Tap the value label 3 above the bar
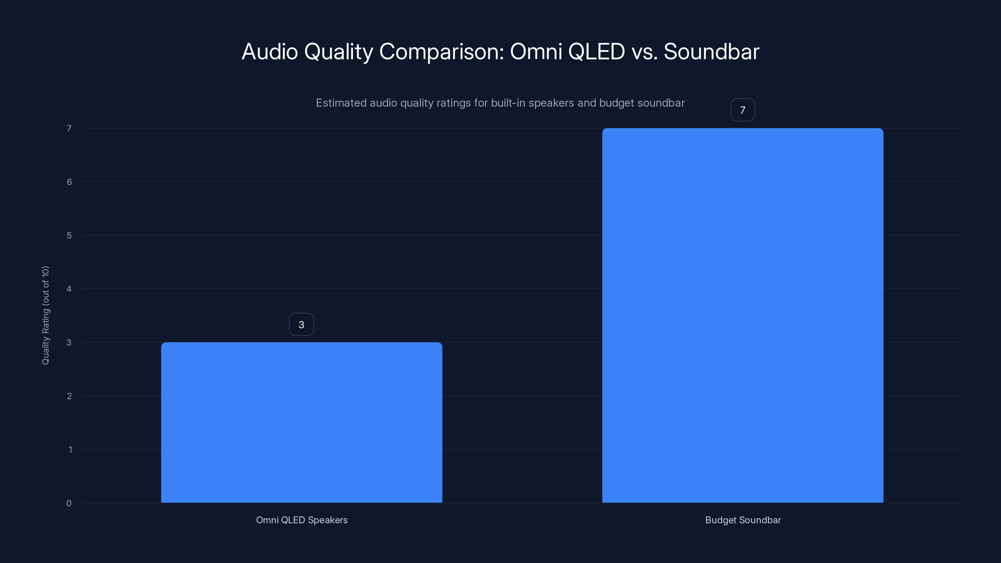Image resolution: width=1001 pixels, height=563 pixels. click(301, 324)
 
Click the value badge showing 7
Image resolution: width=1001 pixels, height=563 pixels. click(743, 110)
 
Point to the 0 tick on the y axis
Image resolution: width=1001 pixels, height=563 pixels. click(69, 503)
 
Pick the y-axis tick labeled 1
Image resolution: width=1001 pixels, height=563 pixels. click(70, 449)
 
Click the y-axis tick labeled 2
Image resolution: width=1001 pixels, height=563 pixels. click(69, 396)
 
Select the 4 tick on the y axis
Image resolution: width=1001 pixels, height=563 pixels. click(69, 289)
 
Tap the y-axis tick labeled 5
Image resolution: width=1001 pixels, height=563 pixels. click(69, 236)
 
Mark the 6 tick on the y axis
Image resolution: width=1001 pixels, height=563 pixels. click(69, 182)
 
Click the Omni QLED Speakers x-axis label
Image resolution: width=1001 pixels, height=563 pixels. click(302, 520)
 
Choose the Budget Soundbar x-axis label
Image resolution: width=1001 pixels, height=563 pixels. click(743, 520)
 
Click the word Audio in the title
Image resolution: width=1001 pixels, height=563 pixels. click(270, 52)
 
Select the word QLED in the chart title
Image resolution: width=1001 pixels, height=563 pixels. click(596, 52)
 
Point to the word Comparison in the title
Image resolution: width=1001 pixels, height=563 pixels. click(441, 52)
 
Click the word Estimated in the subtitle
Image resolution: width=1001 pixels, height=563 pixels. click(341, 103)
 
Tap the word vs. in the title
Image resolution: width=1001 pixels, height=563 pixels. click(645, 52)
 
